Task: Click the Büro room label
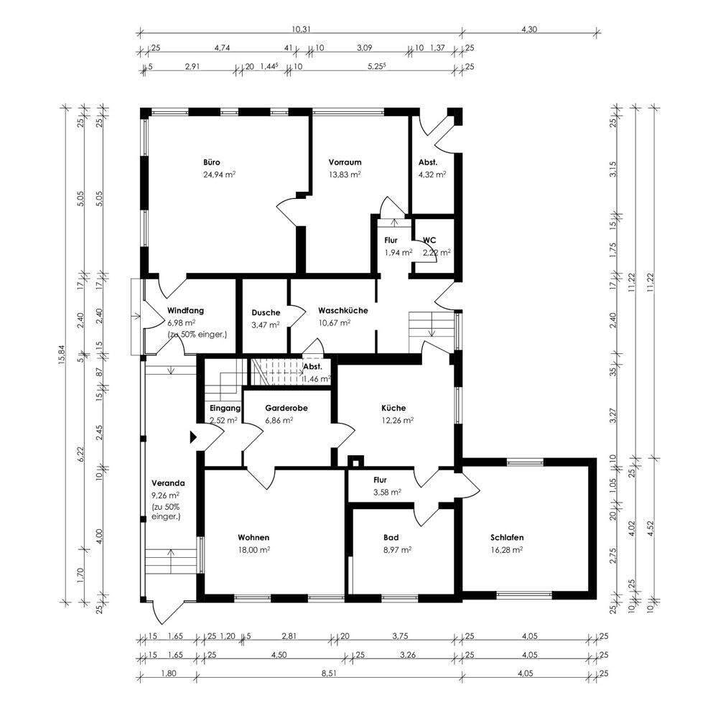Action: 212,162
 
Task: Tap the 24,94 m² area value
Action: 219,174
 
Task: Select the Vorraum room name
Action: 345,162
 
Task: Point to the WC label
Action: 429,240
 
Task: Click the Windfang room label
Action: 185,310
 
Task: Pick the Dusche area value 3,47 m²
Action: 266,325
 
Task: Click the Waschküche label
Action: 343,310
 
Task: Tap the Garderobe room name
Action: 286,408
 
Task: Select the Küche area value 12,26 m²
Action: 398,420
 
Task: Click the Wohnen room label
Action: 253,538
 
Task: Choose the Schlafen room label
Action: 507,538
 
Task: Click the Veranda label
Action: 168,483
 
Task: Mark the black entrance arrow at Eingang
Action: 193,437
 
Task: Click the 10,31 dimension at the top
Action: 301,29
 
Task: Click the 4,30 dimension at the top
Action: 529,29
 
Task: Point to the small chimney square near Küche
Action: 356,462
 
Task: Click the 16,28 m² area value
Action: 507,550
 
